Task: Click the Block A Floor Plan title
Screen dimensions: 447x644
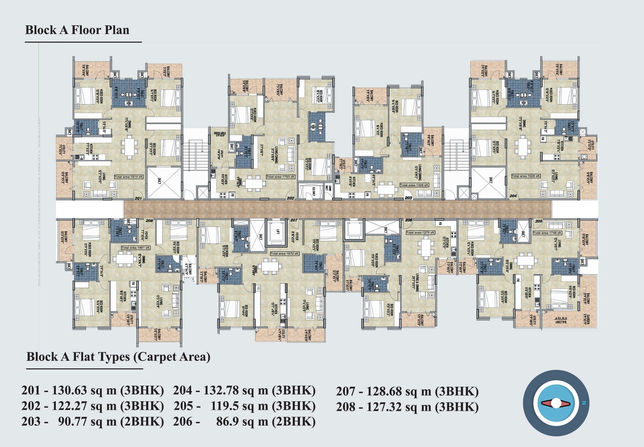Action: (77, 30)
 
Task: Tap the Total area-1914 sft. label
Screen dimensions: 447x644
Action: (129, 177)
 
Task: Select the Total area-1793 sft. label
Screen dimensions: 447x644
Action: (280, 177)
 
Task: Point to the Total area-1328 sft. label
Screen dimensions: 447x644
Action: (414, 185)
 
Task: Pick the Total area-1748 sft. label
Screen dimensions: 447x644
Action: (547, 233)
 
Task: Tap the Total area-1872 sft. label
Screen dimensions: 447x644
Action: (285, 254)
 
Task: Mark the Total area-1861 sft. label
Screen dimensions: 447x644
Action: (136, 248)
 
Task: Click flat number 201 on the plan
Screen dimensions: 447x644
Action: (138, 198)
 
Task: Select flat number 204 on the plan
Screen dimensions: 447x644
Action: (513, 196)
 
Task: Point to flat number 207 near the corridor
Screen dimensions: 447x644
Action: (294, 220)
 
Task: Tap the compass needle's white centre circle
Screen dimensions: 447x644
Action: (556, 403)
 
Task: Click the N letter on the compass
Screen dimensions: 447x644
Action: (584, 403)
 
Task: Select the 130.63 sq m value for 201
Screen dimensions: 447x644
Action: (84, 390)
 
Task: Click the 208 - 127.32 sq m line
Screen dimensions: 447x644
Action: (407, 407)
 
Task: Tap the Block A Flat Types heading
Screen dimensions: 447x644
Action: (118, 357)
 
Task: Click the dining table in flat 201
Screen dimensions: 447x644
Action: (129, 147)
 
